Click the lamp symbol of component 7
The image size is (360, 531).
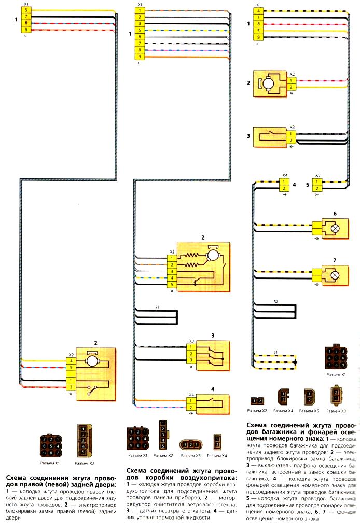tap(335, 274)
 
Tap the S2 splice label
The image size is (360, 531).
tap(276, 301)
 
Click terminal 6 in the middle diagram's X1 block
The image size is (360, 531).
tap(139, 37)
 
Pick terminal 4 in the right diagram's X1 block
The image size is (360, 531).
tap(259, 10)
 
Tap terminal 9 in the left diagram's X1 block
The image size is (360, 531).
tap(25, 31)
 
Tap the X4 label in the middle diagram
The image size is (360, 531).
tap(191, 394)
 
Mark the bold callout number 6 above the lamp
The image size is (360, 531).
tap(335, 213)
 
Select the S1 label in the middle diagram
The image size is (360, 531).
tap(157, 306)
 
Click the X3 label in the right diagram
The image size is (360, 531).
tap(292, 127)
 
